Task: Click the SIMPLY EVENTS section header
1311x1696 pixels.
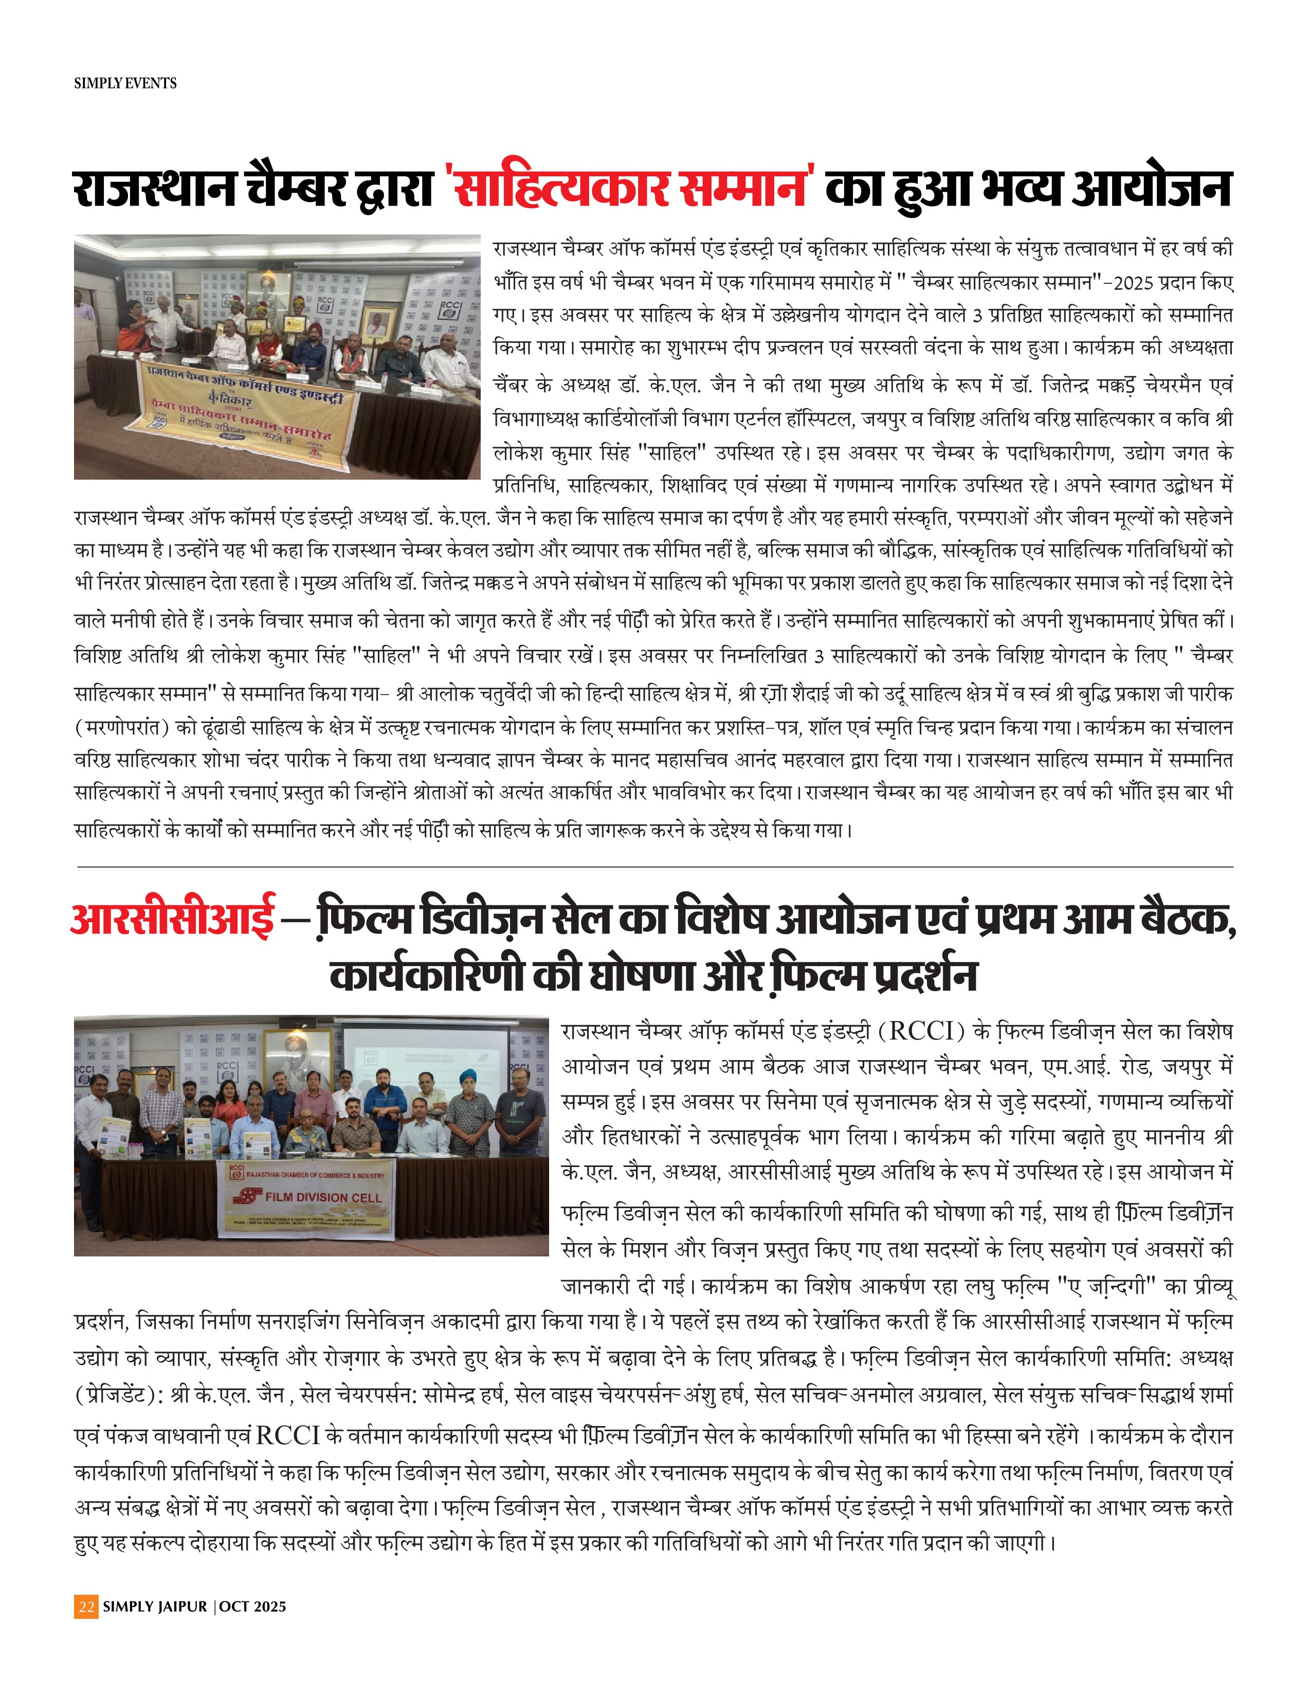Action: (125, 83)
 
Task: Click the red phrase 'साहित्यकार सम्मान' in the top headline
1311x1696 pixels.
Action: (630, 189)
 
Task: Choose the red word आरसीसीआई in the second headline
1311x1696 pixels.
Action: (172, 919)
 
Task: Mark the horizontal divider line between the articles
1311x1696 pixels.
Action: (654, 866)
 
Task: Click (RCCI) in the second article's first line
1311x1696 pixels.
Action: (920, 1032)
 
